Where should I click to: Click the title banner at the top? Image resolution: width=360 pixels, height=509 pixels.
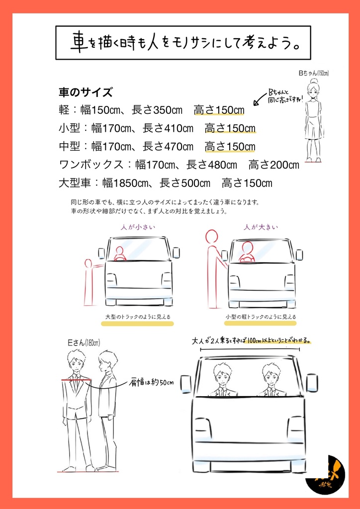tap(182, 43)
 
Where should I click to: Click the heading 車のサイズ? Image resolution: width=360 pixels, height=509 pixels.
tap(85, 92)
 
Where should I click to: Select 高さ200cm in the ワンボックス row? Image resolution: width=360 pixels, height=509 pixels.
tap(274, 165)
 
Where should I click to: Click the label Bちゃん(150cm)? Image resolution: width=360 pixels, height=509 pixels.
tap(313, 74)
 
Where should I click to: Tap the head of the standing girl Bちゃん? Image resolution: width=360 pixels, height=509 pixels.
tap(313, 90)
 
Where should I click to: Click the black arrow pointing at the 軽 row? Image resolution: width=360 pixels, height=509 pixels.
tap(259, 101)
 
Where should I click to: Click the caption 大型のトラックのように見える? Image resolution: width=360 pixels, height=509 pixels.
tap(138, 317)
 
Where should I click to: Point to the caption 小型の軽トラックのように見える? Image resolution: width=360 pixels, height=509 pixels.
tap(261, 317)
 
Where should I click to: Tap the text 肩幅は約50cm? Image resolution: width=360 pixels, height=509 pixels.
tap(152, 382)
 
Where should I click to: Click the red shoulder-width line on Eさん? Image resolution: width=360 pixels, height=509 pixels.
tap(76, 379)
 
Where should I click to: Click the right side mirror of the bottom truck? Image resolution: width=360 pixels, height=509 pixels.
tap(312, 383)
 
